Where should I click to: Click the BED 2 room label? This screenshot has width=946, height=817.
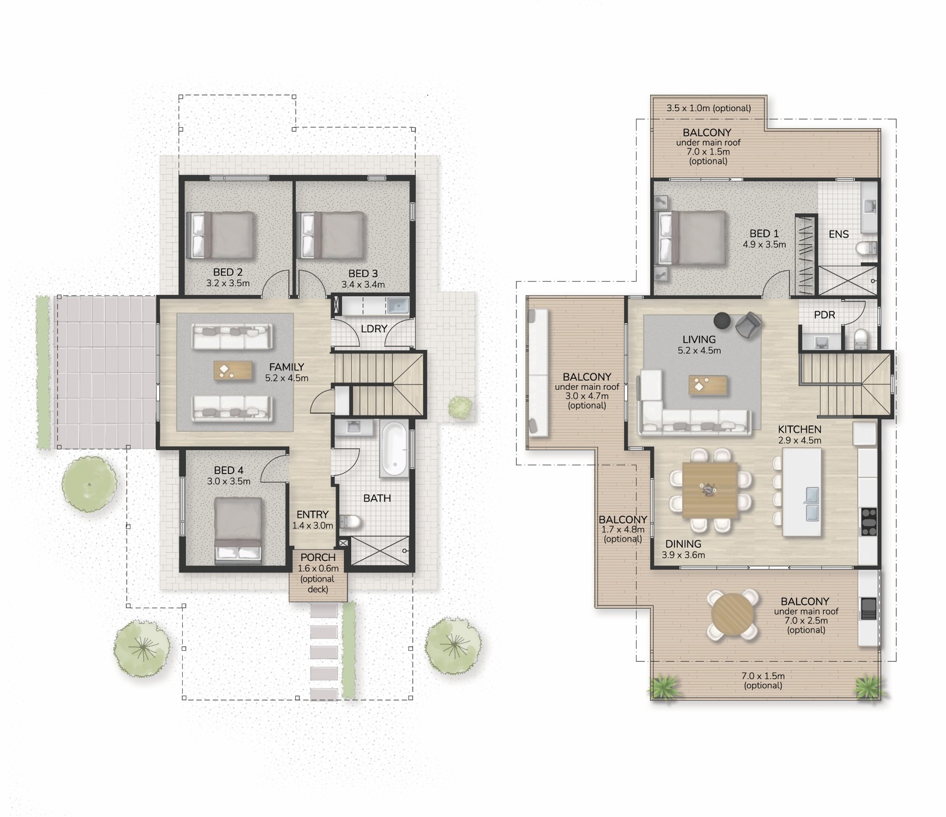point(228,273)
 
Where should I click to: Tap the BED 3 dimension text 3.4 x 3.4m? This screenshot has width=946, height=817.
point(363,285)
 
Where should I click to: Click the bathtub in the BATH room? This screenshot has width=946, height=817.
point(394,449)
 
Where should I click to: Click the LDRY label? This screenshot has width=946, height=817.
point(374,329)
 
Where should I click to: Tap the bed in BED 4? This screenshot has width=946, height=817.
point(238,531)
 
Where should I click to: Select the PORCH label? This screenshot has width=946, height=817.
point(318,557)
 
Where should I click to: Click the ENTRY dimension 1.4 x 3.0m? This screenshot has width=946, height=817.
point(313,525)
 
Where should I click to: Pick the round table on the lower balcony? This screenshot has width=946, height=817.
point(733,614)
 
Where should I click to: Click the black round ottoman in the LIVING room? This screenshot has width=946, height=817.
point(723,320)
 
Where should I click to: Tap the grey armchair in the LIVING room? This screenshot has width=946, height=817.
point(749,325)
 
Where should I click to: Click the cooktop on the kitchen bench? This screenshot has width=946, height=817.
point(868,522)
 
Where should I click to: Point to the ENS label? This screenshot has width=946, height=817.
point(838,234)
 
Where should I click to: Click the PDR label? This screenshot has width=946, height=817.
point(824,315)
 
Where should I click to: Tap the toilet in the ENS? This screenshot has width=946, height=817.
point(866,248)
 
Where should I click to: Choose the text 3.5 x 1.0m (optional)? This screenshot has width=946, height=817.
point(708,108)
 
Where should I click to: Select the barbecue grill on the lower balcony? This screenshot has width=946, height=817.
point(868,609)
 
